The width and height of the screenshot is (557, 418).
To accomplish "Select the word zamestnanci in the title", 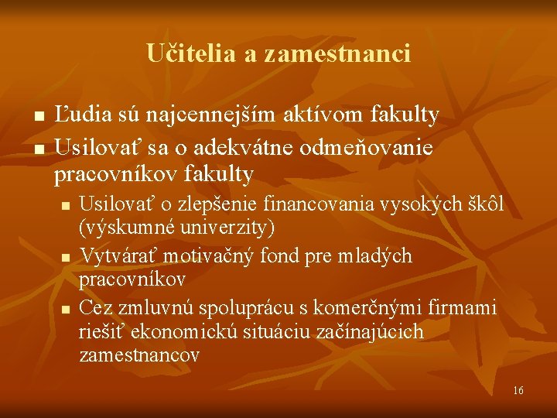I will (337, 53).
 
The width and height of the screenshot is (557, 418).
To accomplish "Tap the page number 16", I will (518, 390).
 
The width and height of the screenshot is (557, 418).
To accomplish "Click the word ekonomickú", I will (173, 331).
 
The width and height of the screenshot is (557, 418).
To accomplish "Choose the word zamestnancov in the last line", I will (138, 355).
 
